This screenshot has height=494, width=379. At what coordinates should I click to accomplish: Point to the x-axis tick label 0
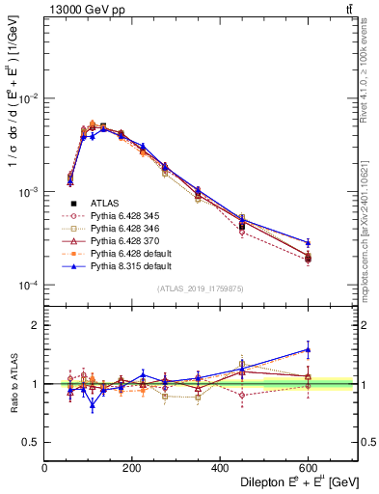tap(44, 467)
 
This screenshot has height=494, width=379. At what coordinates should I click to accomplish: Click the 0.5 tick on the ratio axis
tap(33, 442)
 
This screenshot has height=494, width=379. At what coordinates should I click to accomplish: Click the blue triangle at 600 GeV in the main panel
tap(309, 243)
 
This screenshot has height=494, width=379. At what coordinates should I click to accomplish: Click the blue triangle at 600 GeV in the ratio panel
tap(309, 350)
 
